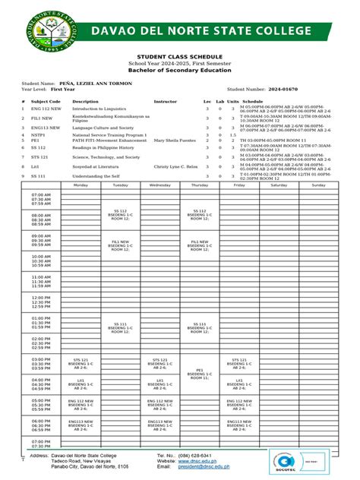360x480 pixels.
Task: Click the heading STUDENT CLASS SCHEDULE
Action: pyautogui.click(x=179, y=57)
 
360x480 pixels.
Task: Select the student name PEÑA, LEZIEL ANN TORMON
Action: pyautogui.click(x=95, y=82)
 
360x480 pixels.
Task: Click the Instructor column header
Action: pyautogui.click(x=165, y=101)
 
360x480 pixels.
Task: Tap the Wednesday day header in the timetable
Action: pyautogui.click(x=160, y=185)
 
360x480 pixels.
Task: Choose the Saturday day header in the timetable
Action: pyautogui.click(x=279, y=185)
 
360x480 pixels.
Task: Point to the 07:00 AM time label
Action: pyautogui.click(x=41, y=195)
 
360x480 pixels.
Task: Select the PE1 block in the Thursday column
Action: pyautogui.click(x=200, y=374)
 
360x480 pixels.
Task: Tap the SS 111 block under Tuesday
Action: pyautogui.click(x=121, y=327)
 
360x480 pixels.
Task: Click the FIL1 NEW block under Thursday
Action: pyautogui.click(x=200, y=245)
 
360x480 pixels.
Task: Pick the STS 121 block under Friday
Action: pyautogui.click(x=239, y=363)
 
